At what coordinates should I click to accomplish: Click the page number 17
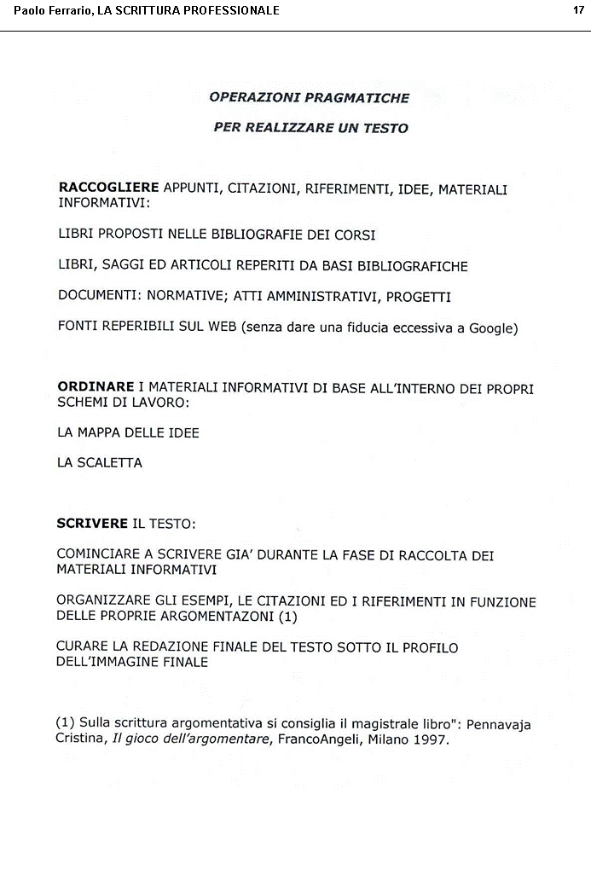click(x=578, y=10)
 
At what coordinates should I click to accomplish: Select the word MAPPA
click(x=98, y=432)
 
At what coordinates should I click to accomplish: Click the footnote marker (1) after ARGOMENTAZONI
click(x=287, y=616)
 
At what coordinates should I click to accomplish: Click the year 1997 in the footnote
click(x=431, y=739)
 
